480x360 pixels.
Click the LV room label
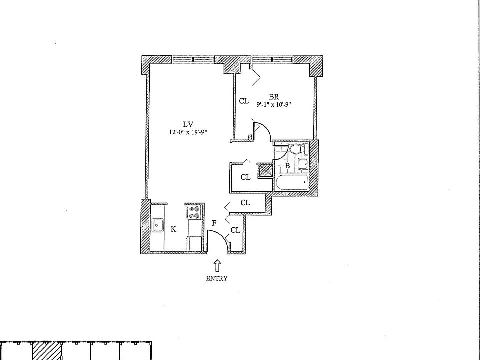tap(188, 124)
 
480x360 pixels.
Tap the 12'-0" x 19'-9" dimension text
tap(188, 132)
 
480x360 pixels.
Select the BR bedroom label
tap(273, 97)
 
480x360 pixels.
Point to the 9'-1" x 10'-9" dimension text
tap(274, 105)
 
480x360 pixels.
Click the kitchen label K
tap(173, 229)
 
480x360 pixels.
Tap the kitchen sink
tap(159, 226)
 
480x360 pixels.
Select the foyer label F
tap(214, 223)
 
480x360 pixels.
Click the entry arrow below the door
tap(217, 265)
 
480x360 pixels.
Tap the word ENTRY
tap(217, 279)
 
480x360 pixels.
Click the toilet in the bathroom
tap(295, 148)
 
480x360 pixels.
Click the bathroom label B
tap(287, 165)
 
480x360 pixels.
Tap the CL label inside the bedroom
tap(243, 101)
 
